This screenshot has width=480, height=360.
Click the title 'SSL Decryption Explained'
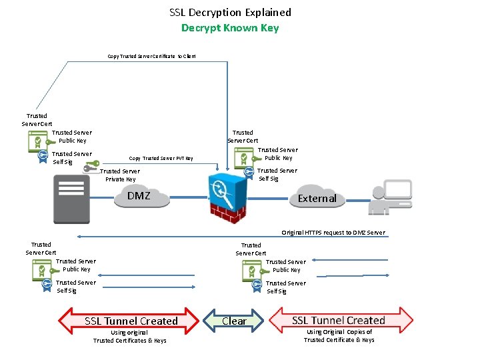pos(230,12)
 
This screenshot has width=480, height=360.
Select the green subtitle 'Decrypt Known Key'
pos(230,28)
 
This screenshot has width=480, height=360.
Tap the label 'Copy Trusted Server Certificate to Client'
pos(151,57)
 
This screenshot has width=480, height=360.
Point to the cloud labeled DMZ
pos(141,197)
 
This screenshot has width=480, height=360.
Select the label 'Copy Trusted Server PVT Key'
pos(161,159)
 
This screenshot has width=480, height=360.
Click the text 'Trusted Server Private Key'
pos(121,175)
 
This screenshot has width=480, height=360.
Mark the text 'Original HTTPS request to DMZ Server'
pos(333,233)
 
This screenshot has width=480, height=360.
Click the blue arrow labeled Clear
pos(234,321)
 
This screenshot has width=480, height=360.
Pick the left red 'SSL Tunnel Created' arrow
pos(131,321)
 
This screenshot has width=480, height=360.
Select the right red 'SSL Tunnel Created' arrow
pos(339,321)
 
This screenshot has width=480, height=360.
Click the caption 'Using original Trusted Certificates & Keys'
pos(130,337)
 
